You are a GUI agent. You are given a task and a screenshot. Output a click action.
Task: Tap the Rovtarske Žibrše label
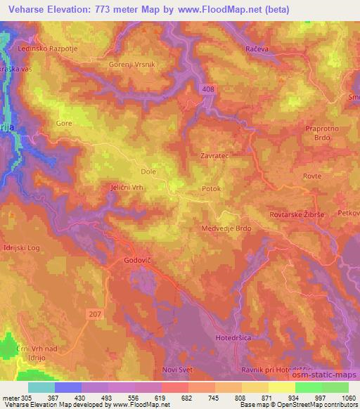[299, 214]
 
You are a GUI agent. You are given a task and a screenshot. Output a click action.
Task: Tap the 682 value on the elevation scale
[186, 398]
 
